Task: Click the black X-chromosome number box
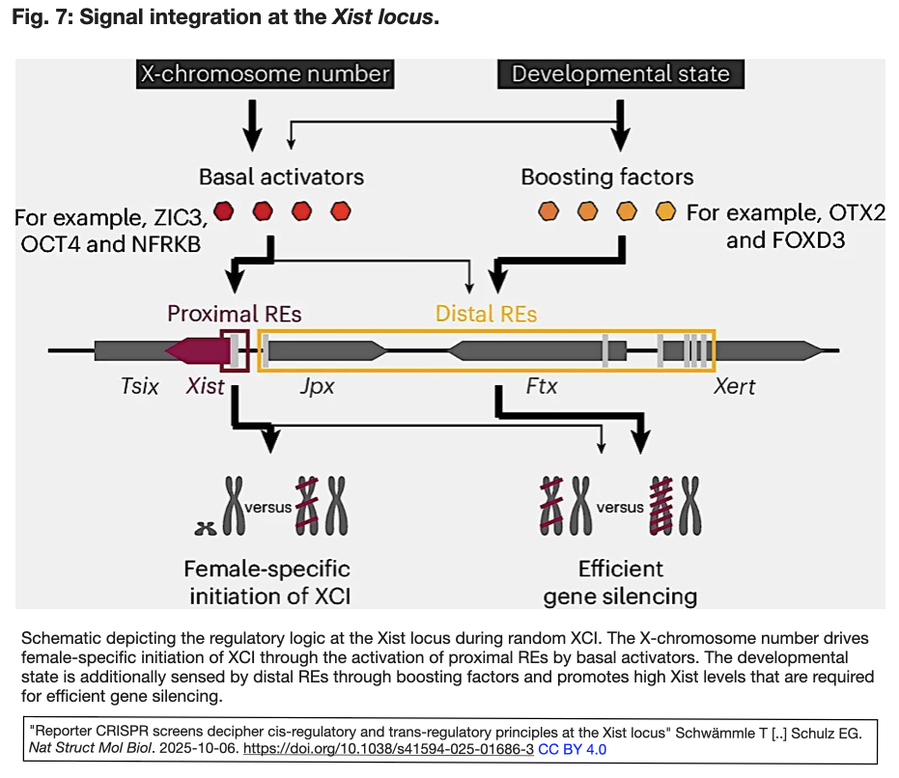[x=265, y=74]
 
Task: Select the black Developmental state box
[x=620, y=74]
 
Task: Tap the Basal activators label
[x=281, y=177]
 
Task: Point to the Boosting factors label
[x=607, y=178]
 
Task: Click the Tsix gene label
[x=139, y=386]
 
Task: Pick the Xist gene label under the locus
[x=205, y=386]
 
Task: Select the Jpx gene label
[x=317, y=387]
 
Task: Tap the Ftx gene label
[x=542, y=386]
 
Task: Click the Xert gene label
[x=735, y=386]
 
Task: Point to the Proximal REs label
[x=235, y=314]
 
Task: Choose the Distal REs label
[x=487, y=314]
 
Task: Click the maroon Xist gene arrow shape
[x=198, y=350]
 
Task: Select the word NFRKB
[x=166, y=244]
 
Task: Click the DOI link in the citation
[x=388, y=749]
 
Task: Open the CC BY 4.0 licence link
[x=573, y=749]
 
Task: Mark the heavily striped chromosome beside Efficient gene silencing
[x=660, y=506]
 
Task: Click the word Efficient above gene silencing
[x=620, y=569]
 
